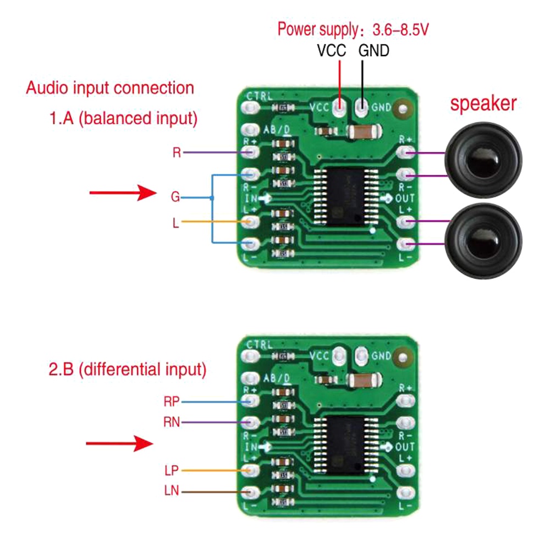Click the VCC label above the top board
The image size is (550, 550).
point(331,51)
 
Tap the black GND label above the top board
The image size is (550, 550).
point(373,51)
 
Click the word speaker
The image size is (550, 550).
point(483,103)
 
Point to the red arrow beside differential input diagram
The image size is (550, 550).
point(120,443)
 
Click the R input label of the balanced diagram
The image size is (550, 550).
point(177,152)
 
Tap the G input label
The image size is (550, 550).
point(175,196)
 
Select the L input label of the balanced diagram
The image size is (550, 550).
point(176,223)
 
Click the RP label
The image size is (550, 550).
point(172,402)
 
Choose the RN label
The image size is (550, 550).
point(172,422)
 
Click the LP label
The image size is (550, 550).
point(172,471)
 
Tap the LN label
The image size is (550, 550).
point(172,491)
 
